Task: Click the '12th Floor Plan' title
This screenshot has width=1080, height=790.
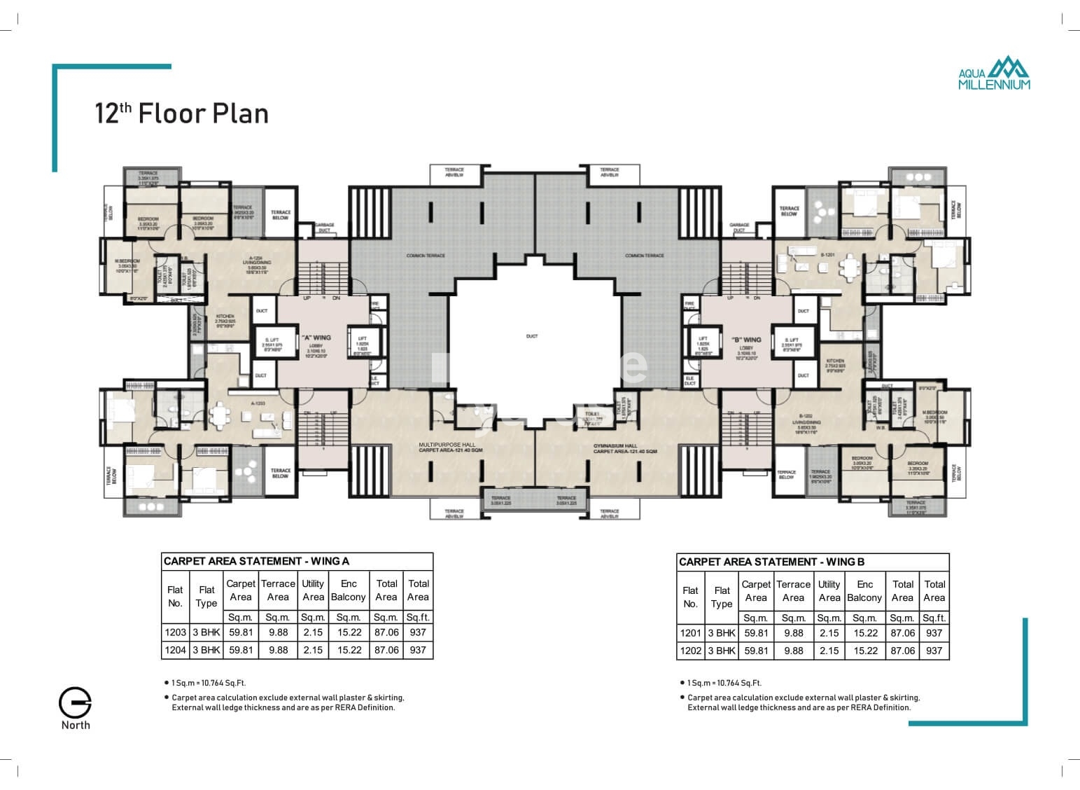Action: tap(181, 113)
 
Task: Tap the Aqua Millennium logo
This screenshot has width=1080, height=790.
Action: tap(994, 73)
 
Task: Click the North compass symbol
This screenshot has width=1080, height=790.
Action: tap(75, 703)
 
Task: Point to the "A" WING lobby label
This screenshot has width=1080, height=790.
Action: tap(316, 338)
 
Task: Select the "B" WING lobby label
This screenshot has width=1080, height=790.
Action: tap(746, 340)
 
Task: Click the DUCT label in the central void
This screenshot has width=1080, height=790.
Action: tap(532, 336)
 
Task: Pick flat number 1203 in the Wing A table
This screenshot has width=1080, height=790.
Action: tap(175, 632)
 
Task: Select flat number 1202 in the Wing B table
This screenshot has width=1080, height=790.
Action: tap(690, 651)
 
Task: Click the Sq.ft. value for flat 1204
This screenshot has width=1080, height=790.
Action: tap(418, 650)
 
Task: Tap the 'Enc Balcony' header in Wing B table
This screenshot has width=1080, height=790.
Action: tap(864, 591)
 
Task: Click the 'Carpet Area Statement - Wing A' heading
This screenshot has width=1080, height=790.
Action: tap(256, 561)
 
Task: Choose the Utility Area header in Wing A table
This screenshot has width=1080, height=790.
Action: tap(313, 590)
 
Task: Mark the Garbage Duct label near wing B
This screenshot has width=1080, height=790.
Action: tap(739, 227)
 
